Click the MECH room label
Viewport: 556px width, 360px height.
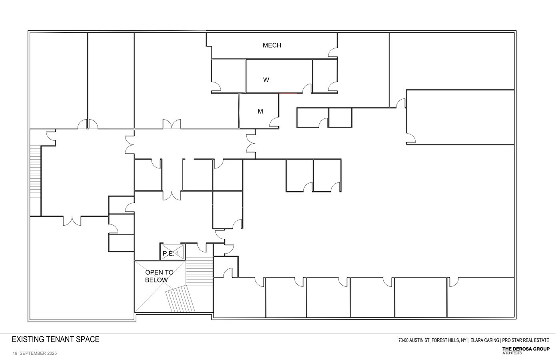tap(272, 45)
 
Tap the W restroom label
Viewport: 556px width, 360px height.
tap(266, 80)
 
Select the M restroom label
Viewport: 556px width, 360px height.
tap(260, 111)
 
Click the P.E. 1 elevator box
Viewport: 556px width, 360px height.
tap(173, 252)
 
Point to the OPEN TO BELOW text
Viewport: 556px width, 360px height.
tap(159, 276)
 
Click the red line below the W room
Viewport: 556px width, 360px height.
tap(288, 93)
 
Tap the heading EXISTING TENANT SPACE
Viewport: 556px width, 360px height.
tap(56, 339)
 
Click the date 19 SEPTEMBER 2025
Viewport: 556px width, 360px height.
tap(35, 353)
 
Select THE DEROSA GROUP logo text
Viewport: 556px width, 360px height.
tap(526, 349)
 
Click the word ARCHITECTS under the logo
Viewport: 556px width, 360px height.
tap(512, 353)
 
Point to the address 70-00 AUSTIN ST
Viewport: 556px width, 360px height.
tap(414, 340)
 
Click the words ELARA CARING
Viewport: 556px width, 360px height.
tap(485, 340)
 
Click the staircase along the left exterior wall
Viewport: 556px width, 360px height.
tap(35, 172)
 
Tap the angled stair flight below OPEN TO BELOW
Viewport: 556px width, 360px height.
tap(180, 299)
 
